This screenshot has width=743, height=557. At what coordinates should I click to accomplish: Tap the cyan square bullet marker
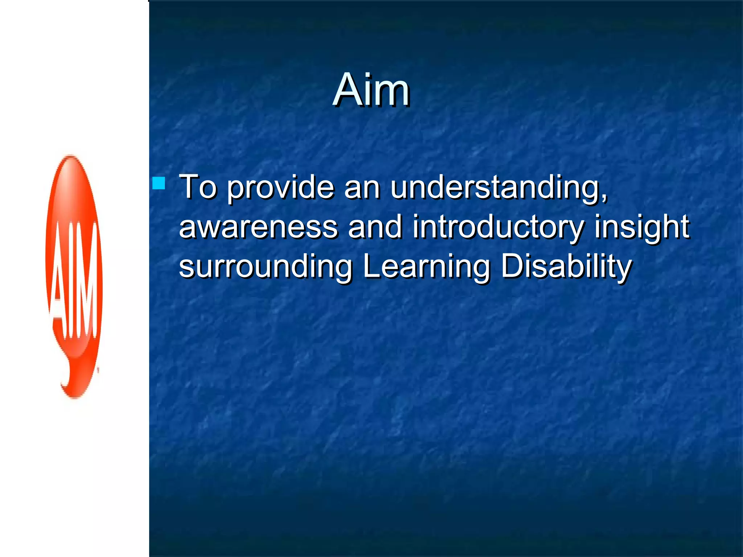[x=159, y=183]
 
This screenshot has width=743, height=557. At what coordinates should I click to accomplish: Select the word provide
[x=280, y=188]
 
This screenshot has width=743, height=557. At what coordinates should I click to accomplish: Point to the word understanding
[x=496, y=188]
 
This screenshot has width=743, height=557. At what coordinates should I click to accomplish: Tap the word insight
[x=641, y=227]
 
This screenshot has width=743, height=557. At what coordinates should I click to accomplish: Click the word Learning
[x=427, y=267]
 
